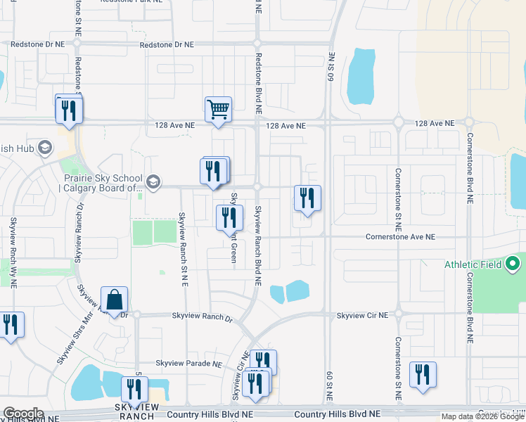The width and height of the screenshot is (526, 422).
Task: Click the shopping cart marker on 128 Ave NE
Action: pyautogui.click(x=218, y=110)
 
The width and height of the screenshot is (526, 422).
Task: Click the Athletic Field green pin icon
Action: pyautogui.click(x=513, y=265)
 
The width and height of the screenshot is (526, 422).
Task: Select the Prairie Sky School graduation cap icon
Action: pyautogui.click(x=153, y=182)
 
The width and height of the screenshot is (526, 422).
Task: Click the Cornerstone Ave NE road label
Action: pyautogui.click(x=400, y=237)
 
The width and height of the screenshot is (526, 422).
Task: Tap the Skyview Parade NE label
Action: pyautogui.click(x=188, y=364)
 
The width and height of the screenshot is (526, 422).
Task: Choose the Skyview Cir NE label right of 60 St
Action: pyautogui.click(x=362, y=316)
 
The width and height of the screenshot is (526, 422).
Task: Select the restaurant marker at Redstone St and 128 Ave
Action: pyautogui.click(x=69, y=110)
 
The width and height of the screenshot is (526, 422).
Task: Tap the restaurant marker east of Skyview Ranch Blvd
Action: pyautogui.click(x=307, y=199)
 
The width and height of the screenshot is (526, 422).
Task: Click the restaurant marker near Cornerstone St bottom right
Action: pyautogui.click(x=423, y=376)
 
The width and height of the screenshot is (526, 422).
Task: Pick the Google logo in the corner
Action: pyautogui.click(x=23, y=414)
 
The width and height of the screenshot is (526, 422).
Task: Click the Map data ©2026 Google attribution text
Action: pyautogui.click(x=482, y=416)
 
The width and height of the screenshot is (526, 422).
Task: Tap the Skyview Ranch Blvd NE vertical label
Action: pyautogui.click(x=258, y=245)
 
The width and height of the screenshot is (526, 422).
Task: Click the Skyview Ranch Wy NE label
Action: pyautogui.click(x=13, y=250)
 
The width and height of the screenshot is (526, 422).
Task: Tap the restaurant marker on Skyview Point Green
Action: pyautogui.click(x=229, y=219)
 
